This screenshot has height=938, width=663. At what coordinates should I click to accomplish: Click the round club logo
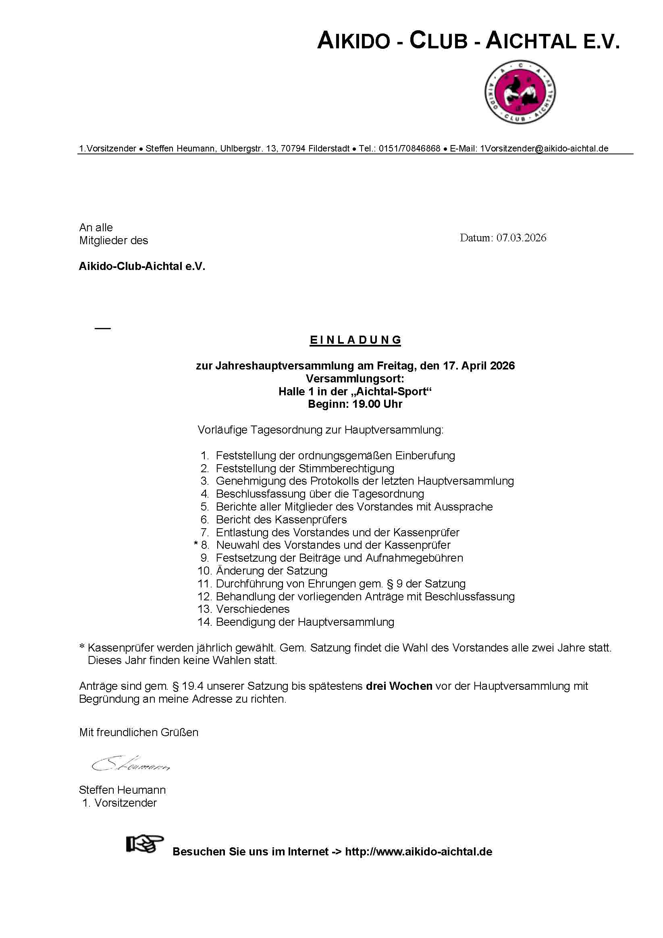tap(520, 92)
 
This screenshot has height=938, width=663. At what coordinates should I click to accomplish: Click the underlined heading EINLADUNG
tap(355, 340)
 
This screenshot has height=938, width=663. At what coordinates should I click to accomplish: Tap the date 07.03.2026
tap(521, 238)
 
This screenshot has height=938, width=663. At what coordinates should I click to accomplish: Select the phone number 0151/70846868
tap(409, 149)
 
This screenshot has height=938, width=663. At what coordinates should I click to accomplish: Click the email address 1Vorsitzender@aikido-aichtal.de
tap(544, 149)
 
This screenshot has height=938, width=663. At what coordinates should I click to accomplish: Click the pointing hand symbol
tap(145, 844)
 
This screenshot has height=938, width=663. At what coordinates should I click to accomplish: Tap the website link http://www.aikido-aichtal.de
tap(419, 852)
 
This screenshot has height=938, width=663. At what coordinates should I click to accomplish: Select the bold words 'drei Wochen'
tap(399, 686)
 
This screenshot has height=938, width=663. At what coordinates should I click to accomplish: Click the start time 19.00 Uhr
tap(378, 404)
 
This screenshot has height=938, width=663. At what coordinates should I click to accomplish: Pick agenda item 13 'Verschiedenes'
tap(253, 609)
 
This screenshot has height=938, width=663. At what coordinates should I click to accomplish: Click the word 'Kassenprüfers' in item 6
tap(311, 520)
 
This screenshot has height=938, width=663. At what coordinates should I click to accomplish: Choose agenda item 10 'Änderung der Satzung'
tap(271, 571)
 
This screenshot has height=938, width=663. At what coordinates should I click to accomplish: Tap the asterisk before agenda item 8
tap(196, 544)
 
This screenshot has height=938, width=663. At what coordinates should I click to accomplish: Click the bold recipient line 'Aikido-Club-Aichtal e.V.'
tap(142, 266)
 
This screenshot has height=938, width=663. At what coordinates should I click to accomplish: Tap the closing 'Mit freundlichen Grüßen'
tap(139, 732)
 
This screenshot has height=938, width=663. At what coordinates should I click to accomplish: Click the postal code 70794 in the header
tap(293, 149)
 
